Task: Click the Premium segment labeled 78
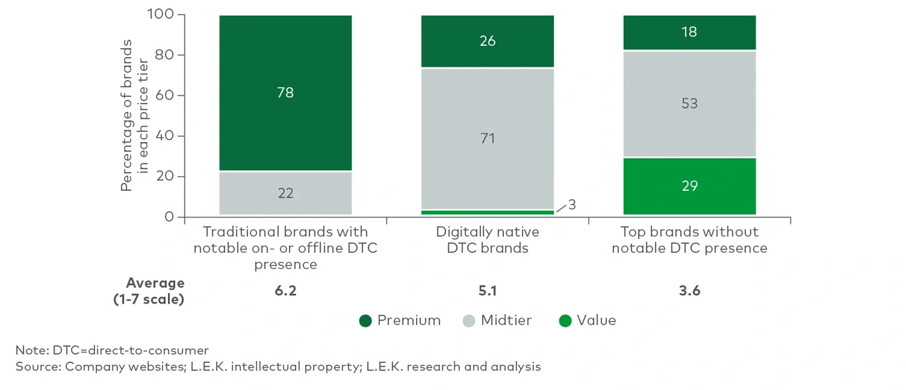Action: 285,93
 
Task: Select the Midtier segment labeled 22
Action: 285,193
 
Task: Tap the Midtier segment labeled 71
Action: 487,139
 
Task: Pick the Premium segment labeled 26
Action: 487,41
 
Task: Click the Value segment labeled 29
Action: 689,186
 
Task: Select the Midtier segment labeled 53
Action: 689,104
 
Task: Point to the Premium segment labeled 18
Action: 689,32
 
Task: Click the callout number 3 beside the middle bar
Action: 572,204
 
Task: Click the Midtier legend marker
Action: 469,320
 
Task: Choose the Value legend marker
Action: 565,320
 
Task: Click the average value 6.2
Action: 285,291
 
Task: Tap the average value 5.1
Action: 487,291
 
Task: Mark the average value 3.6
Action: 689,291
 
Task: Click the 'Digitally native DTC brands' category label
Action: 487,240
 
